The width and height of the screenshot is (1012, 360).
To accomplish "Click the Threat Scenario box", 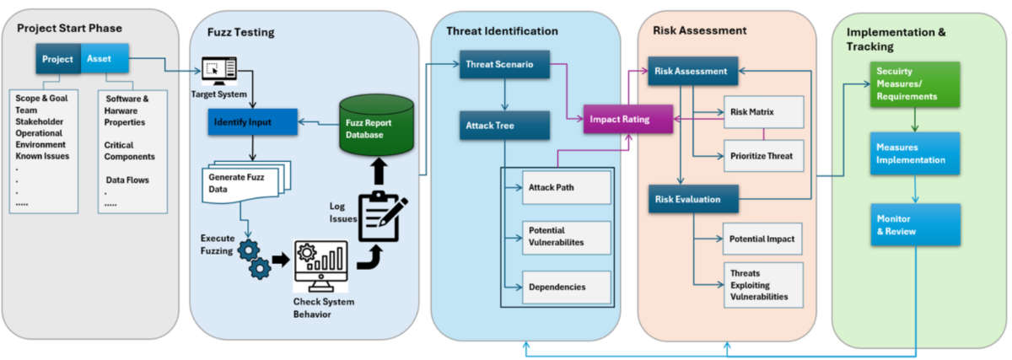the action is click(x=504, y=64).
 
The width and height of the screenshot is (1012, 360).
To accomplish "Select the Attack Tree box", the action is click(x=504, y=125).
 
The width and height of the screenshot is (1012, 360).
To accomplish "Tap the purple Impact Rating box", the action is click(x=628, y=119).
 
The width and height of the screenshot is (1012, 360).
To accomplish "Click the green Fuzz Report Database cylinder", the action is click(x=376, y=125).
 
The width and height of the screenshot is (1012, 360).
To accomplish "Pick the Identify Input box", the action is click(x=252, y=121).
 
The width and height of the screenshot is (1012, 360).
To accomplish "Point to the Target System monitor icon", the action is click(x=219, y=71).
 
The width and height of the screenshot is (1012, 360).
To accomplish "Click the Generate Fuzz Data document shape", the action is click(x=246, y=181).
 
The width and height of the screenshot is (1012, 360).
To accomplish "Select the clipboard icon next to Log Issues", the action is click(x=382, y=216).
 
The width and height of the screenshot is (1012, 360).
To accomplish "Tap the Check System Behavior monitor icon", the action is click(x=320, y=266).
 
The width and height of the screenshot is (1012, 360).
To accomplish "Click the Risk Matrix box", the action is click(x=763, y=111).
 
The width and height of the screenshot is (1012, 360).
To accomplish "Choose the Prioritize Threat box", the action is click(x=763, y=156).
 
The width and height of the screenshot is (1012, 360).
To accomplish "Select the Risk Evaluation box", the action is click(x=693, y=199).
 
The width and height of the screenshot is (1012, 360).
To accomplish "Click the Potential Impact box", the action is click(x=762, y=239).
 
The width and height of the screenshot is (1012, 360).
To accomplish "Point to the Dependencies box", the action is click(x=567, y=287).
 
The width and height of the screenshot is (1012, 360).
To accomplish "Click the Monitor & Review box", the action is click(x=915, y=224).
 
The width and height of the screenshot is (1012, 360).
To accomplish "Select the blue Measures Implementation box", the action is click(x=915, y=153).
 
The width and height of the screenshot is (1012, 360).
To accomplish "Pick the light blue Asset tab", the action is click(x=105, y=58).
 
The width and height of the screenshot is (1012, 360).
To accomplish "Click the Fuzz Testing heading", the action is click(x=241, y=32).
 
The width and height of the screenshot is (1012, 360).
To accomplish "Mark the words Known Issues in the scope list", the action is click(x=42, y=156).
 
